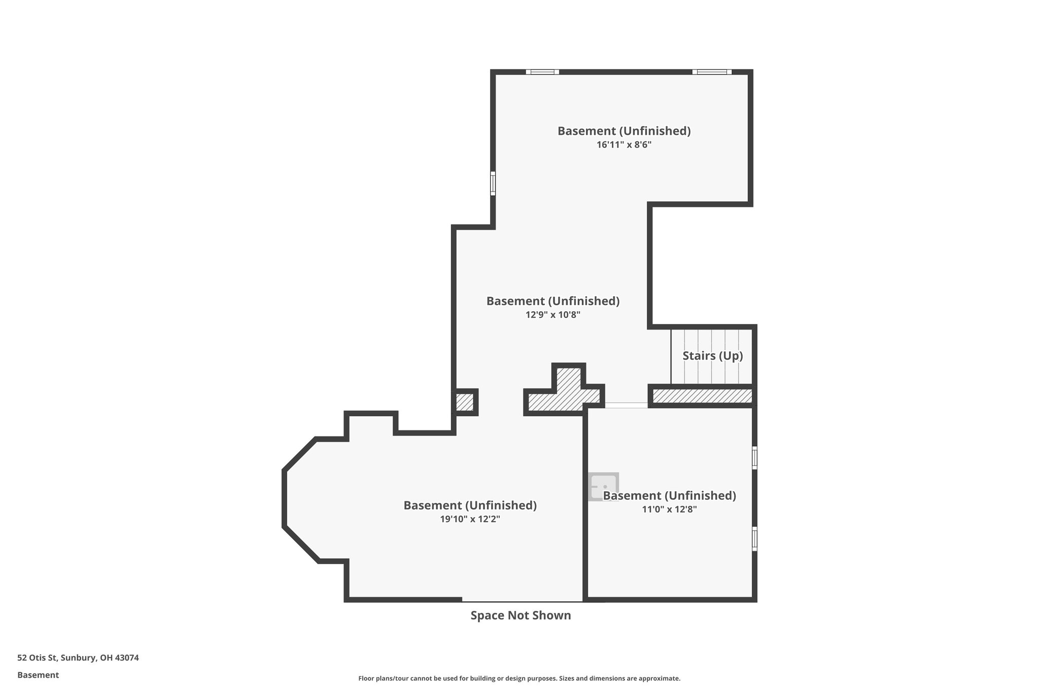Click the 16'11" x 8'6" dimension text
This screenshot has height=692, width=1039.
pyautogui.click(x=624, y=145)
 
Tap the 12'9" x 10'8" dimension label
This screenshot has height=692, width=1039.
pyautogui.click(x=552, y=315)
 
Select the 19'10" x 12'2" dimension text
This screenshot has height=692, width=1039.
pyautogui.click(x=470, y=519)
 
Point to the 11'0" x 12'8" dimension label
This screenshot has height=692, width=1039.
pyautogui.click(x=669, y=509)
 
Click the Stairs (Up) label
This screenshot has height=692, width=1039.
pyautogui.click(x=712, y=356)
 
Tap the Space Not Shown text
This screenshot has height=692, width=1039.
pyautogui.click(x=521, y=615)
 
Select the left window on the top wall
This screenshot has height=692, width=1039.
pyautogui.click(x=542, y=72)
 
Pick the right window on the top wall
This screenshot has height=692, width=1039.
pyautogui.click(x=712, y=72)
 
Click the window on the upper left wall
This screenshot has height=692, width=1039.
pyautogui.click(x=493, y=183)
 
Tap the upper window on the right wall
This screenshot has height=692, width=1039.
pyautogui.click(x=754, y=458)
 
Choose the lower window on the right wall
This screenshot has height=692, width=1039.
pyautogui.click(x=754, y=538)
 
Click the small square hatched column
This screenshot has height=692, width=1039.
pyautogui.click(x=464, y=403)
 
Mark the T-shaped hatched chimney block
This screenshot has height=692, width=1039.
pyautogui.click(x=566, y=392)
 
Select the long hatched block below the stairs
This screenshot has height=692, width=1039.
pyautogui.click(x=702, y=396)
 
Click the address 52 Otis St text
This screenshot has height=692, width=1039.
pyautogui.click(x=78, y=658)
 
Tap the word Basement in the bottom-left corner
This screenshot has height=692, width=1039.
pyautogui.click(x=38, y=675)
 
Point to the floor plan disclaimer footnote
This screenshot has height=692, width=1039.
pyautogui.click(x=519, y=678)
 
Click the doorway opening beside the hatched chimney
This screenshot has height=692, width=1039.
pyautogui.click(x=626, y=405)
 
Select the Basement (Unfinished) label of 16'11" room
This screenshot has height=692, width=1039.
pyautogui.click(x=624, y=131)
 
